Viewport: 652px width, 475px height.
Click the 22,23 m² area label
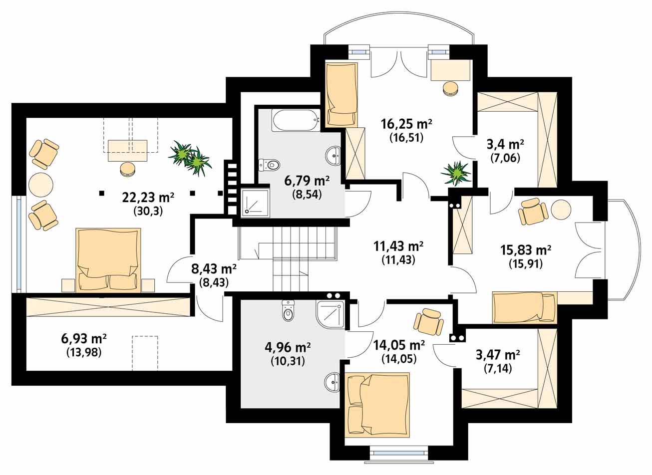[148, 198]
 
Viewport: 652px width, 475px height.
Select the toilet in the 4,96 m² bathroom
[288, 311]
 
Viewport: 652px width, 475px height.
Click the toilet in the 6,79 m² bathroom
[269, 165]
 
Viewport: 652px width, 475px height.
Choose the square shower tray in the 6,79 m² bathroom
[255, 202]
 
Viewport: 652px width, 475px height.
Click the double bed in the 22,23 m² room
[108, 260]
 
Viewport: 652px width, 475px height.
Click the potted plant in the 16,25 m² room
[456, 174]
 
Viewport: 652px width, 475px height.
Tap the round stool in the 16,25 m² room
[450, 88]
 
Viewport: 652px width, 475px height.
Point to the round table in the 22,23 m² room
[41, 185]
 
